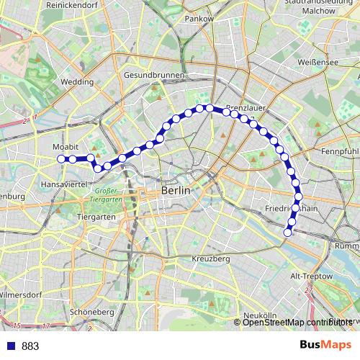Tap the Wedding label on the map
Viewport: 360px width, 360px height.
click(x=77, y=82)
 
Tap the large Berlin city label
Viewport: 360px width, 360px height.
click(x=176, y=191)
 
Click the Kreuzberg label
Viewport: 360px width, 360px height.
click(x=211, y=258)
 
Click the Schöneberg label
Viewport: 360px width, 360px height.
click(x=93, y=312)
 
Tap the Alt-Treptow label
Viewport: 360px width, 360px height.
click(x=310, y=276)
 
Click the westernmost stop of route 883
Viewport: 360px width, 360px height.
click(x=61, y=158)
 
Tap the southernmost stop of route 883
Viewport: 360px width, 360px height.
click(x=288, y=232)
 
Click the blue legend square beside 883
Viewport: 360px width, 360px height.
click(x=9, y=346)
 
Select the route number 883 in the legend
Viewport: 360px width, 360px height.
click(x=30, y=346)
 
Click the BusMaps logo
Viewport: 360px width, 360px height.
click(x=326, y=346)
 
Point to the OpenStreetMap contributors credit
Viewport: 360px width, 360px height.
click(x=297, y=323)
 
